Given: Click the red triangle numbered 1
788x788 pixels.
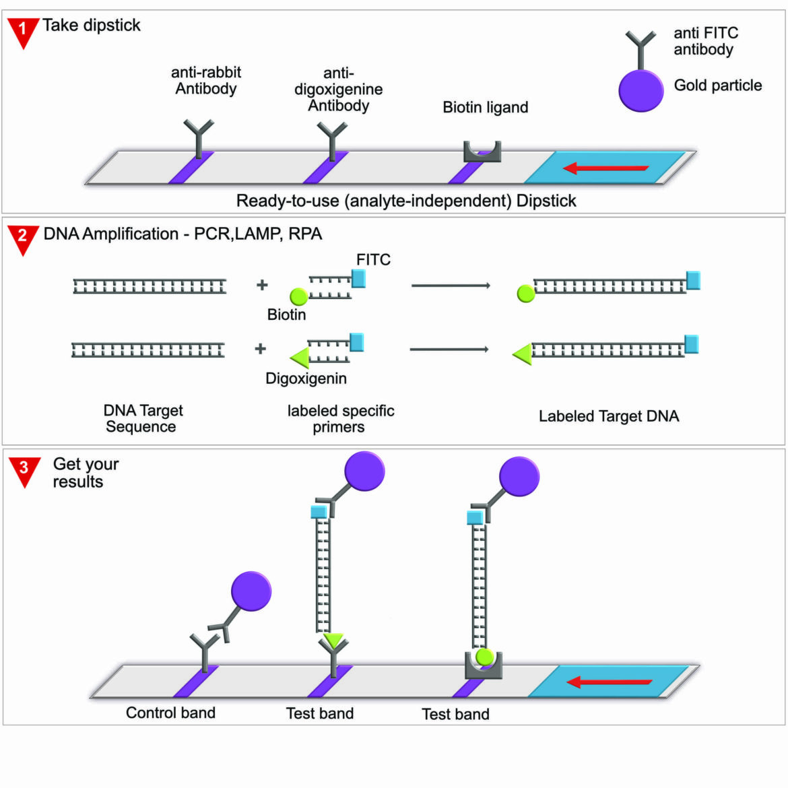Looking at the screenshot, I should point(23,31).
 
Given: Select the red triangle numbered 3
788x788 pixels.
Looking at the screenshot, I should point(24,469).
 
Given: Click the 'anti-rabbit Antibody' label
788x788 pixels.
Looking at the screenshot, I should point(205,80).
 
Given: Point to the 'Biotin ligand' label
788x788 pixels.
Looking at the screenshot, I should point(485,107).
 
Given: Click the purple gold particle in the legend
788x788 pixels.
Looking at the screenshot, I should point(641,90).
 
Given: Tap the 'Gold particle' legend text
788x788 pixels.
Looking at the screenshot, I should point(718,86).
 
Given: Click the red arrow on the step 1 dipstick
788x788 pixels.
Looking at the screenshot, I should point(605,168).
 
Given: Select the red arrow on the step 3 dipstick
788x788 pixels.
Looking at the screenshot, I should point(609,682).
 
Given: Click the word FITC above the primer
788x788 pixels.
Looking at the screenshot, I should point(373,260).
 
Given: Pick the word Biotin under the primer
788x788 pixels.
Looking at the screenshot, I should point(286,315).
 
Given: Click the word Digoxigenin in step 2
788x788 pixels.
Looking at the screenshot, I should point(306,379).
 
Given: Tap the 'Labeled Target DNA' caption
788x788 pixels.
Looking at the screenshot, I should point(608,416).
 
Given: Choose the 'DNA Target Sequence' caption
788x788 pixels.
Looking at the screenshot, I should point(142,418).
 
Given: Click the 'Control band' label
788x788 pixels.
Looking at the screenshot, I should point(170,713).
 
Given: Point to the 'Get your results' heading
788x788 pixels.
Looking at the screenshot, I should point(85,473).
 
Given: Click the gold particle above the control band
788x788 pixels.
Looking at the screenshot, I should point(251,591).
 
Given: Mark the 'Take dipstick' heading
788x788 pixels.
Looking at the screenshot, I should point(92,26).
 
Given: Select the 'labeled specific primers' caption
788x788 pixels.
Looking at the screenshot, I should point(340,418).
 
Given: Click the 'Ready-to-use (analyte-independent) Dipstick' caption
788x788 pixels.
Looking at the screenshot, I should point(406,201).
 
